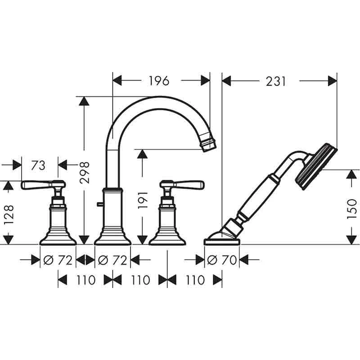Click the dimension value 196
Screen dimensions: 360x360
(159, 81)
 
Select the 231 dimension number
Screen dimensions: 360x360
(275, 81)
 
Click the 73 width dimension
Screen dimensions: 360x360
(39, 165)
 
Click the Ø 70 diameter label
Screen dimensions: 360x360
(222, 260)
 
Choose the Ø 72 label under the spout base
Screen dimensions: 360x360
(112, 260)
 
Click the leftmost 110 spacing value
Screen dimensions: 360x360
(85, 280)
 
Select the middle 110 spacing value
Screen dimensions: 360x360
(139, 280)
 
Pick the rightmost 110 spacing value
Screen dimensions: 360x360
(194, 280)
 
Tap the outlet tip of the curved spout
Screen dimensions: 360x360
(209, 144)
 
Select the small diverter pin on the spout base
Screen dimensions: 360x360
(99, 205)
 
